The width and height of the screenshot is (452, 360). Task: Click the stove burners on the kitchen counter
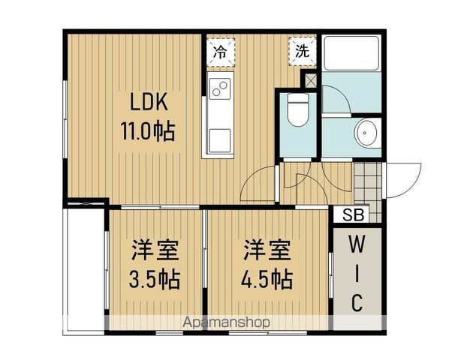coord(220,89)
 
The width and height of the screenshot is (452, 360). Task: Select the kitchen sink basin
coord(219,138)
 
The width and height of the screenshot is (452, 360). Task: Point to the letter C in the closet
coord(357,303)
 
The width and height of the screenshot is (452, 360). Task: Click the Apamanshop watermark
coord(226,323)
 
